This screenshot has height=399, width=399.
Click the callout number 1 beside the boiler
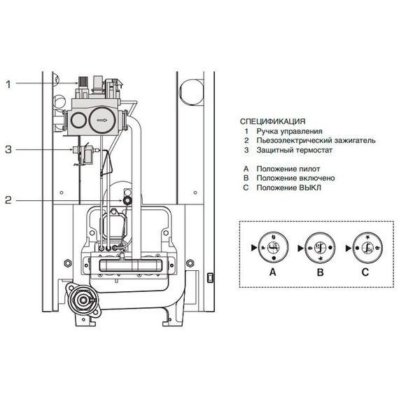coord(8,85)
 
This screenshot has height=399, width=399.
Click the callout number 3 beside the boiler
coord(8,150)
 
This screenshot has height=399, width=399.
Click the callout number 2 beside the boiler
coord(8,200)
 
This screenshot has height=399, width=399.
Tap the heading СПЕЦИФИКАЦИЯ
coord(272,121)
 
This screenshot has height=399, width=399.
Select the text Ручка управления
coord(289,132)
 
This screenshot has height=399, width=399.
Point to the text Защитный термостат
coord(295,150)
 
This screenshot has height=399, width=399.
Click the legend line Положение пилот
coord(288,169)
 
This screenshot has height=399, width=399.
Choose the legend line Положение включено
coord(295,178)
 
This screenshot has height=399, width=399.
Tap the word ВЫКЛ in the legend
coord(310,188)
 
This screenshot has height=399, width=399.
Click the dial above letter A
coord(273,248)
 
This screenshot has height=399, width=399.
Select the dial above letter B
coord(320,248)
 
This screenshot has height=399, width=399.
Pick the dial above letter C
coord(368,248)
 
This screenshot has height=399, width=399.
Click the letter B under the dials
coord(321,272)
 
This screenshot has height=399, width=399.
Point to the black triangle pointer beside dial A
coord(254,248)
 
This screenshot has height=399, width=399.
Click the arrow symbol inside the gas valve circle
coord(101,120)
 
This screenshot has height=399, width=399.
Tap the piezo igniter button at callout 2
coord(127,200)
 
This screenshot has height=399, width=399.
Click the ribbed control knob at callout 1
coord(83,81)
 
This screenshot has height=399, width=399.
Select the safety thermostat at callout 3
coord(85,153)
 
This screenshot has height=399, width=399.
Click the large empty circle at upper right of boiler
coord(191,91)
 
